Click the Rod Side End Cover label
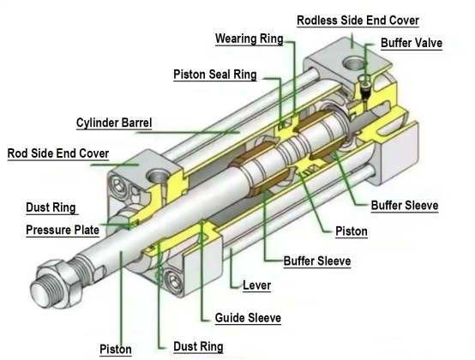[59, 154]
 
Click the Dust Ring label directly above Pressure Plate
[51, 207]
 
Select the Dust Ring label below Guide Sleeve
[199, 346]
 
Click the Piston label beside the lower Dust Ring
[116, 349]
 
